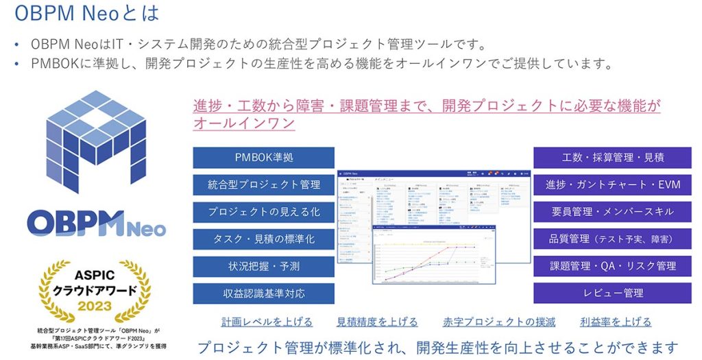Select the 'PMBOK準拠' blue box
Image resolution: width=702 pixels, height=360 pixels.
(x=264, y=158)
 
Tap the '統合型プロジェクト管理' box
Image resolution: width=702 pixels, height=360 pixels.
(x=264, y=184)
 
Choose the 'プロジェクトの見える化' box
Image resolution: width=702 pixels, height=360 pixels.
(x=264, y=211)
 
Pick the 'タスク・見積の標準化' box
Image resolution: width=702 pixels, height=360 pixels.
(x=264, y=239)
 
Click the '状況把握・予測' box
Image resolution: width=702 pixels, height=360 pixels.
(x=264, y=266)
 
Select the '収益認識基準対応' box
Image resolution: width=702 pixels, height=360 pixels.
(x=264, y=293)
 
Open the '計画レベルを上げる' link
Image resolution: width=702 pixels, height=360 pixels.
(x=267, y=322)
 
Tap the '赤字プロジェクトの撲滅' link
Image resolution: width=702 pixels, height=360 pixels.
(x=498, y=322)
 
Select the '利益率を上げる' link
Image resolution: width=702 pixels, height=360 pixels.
(x=616, y=322)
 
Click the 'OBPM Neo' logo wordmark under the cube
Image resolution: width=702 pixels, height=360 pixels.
(x=96, y=222)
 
